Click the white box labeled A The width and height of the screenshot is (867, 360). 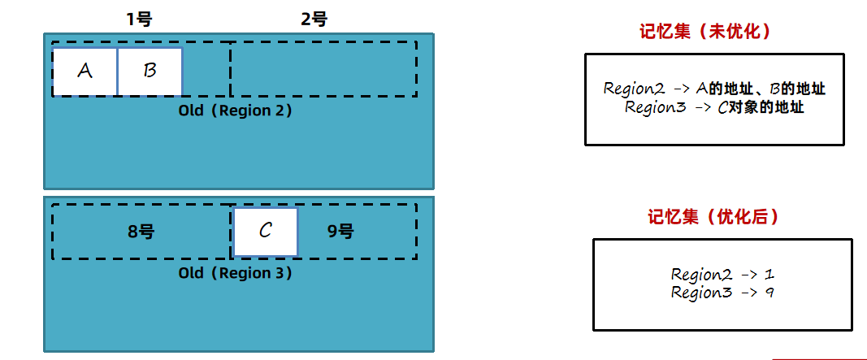point(85,72)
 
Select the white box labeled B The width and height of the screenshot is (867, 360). point(150,72)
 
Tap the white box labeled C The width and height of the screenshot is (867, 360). point(266,232)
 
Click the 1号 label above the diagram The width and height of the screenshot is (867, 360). point(139,20)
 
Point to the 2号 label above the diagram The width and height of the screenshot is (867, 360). point(314,20)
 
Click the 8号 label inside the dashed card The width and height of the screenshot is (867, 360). point(141,232)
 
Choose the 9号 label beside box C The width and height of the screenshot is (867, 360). point(340,232)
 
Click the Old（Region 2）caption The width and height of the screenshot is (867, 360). point(236,111)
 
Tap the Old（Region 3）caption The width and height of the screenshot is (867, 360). point(236,273)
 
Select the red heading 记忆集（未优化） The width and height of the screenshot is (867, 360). point(704,32)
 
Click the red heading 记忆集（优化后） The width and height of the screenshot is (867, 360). point(713,217)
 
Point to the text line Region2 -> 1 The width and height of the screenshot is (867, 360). point(722,275)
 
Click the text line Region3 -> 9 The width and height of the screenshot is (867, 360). point(722,293)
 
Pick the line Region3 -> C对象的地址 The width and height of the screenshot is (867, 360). point(714,107)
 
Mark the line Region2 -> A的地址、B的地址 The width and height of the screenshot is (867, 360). point(714,89)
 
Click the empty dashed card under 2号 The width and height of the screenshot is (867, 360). point(323,68)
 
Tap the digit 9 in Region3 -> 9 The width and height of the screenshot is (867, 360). point(769,293)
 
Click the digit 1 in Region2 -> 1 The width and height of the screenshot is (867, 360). point(769,275)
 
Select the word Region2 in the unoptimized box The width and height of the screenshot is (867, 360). point(635,89)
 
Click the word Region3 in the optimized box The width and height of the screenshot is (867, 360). point(700,293)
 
